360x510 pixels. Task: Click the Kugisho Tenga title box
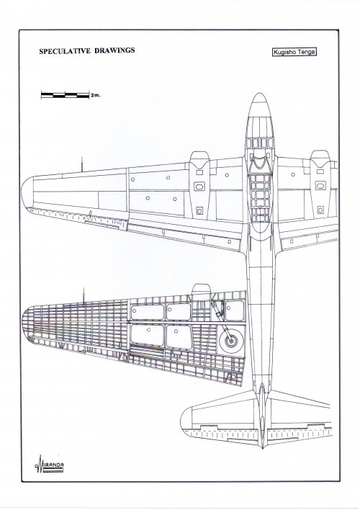click(x=294, y=52)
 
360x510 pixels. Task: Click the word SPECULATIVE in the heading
click(x=65, y=50)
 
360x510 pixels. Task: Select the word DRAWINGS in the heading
click(x=114, y=50)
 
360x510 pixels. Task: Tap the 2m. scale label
click(x=96, y=95)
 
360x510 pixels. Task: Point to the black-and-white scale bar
click(x=65, y=95)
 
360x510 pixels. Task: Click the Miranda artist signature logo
click(x=49, y=464)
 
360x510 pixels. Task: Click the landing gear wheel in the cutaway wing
click(x=231, y=341)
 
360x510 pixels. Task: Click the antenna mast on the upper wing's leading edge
click(x=81, y=164)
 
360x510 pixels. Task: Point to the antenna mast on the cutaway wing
click(x=84, y=295)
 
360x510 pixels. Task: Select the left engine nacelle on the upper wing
click(x=199, y=184)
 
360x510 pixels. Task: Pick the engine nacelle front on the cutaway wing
click(x=202, y=289)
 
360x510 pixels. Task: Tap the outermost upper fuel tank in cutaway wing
click(x=148, y=312)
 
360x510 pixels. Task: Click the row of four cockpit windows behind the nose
click(x=260, y=143)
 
